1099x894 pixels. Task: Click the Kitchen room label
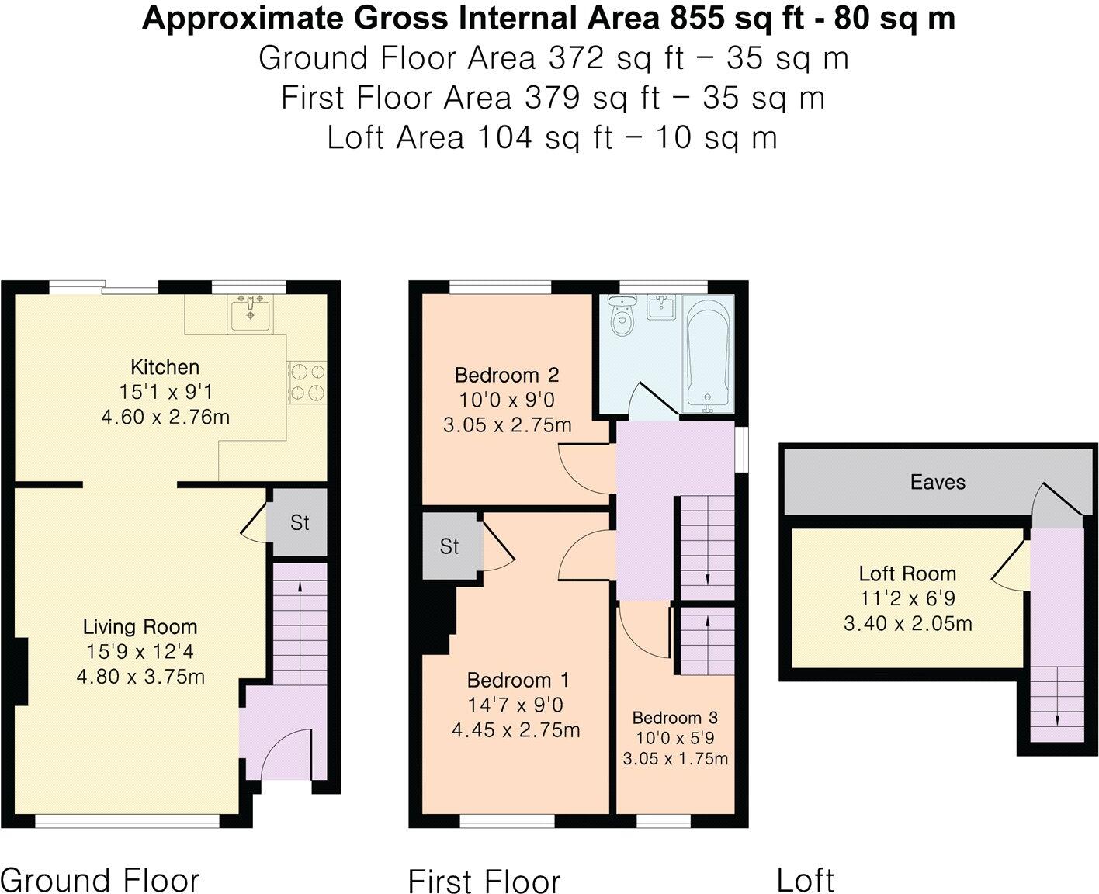coord(165,367)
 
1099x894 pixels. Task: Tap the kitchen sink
coord(249,315)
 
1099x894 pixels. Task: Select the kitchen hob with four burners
coord(307,383)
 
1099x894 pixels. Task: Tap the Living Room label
coord(140,626)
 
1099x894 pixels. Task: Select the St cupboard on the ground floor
coord(299,523)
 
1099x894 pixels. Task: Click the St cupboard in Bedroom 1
coord(449,546)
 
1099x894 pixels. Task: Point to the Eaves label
coord(938,482)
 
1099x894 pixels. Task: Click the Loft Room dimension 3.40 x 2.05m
coord(907,623)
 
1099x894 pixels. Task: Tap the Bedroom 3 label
coord(674,718)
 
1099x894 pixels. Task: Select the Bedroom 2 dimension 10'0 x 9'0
coord(508,400)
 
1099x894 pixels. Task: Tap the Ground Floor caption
coord(100,880)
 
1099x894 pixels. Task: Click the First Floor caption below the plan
coord(484,882)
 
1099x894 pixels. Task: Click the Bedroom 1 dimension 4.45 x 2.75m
coord(516,730)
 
